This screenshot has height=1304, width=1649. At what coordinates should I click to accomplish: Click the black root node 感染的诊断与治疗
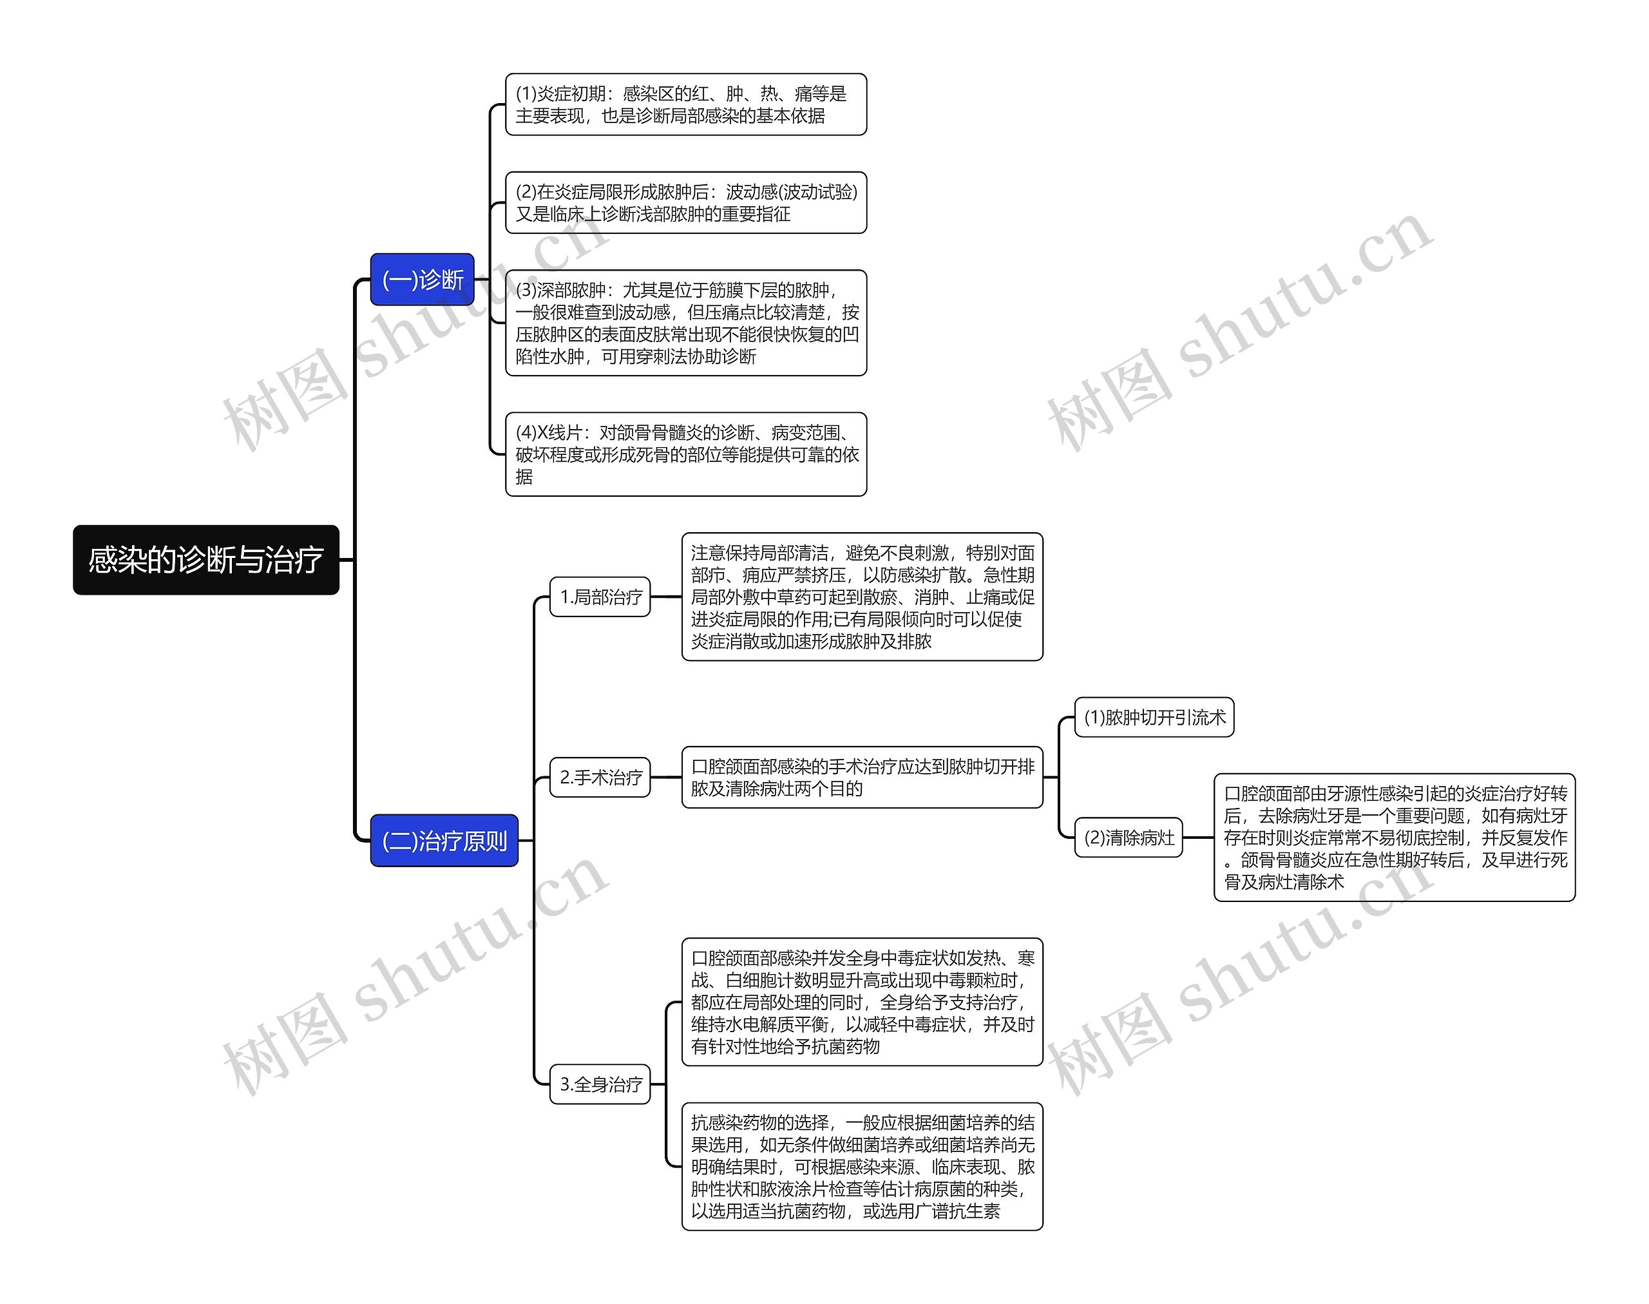pos(205,560)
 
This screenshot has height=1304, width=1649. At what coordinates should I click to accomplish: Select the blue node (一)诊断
pos(422,280)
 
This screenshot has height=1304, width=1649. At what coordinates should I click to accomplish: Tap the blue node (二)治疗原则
pos(444,841)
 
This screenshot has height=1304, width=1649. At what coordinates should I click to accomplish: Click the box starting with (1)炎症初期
pos(685,104)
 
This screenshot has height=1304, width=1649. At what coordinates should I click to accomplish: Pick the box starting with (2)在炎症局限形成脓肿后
pos(685,203)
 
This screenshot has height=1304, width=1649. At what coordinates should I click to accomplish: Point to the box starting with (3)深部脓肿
pos(685,323)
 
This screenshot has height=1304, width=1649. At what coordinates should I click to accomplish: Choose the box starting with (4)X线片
pos(685,454)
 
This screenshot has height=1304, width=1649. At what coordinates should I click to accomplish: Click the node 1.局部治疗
pos(600,597)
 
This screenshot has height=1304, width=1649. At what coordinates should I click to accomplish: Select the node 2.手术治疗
pos(600,777)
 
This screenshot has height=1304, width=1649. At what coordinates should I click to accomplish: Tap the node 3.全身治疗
pos(600,1084)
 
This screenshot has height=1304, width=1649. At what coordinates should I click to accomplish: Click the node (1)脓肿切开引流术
pos(1154,718)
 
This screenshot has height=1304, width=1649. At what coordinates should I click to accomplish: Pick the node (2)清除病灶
pos(1129,838)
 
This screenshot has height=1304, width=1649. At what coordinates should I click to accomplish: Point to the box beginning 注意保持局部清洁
pos(862,597)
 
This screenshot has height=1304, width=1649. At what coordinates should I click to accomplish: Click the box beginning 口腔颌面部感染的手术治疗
pos(862,777)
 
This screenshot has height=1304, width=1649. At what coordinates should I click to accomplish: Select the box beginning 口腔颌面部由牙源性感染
pos(1394,838)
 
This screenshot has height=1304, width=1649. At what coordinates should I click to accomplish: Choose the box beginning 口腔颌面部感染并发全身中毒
pos(862,1002)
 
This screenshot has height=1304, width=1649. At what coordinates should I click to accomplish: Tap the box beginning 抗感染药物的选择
pos(862,1167)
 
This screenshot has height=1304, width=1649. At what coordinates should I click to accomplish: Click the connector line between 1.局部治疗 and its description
pos(665,597)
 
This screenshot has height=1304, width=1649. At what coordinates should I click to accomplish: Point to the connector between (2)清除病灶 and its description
pos(1198,838)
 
